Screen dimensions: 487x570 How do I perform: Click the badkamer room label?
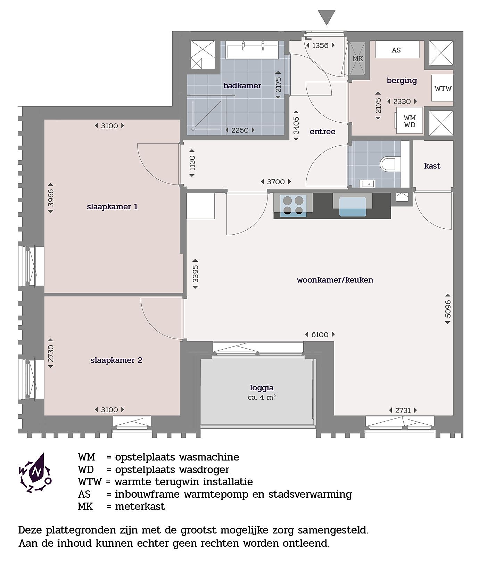242,85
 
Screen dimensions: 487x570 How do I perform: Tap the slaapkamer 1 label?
112,207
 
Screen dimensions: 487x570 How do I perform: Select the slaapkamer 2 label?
116,360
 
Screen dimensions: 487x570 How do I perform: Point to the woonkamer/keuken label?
335,280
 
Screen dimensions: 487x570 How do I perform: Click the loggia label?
262,388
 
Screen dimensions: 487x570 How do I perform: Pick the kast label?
432,166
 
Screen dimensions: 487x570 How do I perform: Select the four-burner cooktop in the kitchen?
294,205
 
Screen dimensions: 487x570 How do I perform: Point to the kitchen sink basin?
353,207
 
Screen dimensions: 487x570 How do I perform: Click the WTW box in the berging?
443,89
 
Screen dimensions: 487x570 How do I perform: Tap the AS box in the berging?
397,49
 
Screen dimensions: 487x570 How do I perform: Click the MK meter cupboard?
357,59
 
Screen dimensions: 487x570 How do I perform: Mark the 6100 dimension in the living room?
320,334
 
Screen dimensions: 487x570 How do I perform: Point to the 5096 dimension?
448,309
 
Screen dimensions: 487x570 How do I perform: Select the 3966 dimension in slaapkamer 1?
51,198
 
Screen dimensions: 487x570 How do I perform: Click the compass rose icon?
35,473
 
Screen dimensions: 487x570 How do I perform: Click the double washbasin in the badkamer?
252,50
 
